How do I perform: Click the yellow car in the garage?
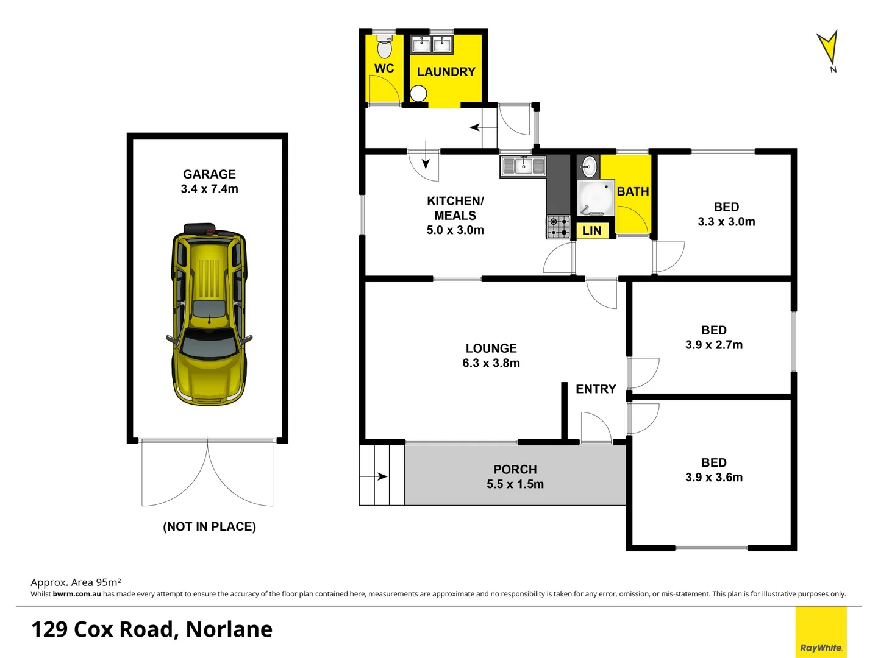pos(209,314)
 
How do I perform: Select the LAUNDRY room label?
pos(446,72)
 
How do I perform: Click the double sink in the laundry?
pos(432,44)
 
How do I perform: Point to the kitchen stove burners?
pos(558,227)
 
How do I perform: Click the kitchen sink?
pos(523,165)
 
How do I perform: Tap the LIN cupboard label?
pos(591,231)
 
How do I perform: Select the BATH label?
pos(632,191)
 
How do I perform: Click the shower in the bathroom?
pos(595,198)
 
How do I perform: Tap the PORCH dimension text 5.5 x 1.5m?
pos(515,484)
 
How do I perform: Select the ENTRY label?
pos(596,389)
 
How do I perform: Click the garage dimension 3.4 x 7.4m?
pos(209,189)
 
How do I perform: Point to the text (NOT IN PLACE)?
pos(209,526)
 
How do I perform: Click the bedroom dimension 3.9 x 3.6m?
pos(713,478)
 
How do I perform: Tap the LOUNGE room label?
pos(491,348)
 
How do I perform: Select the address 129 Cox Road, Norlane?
pos(152,629)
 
